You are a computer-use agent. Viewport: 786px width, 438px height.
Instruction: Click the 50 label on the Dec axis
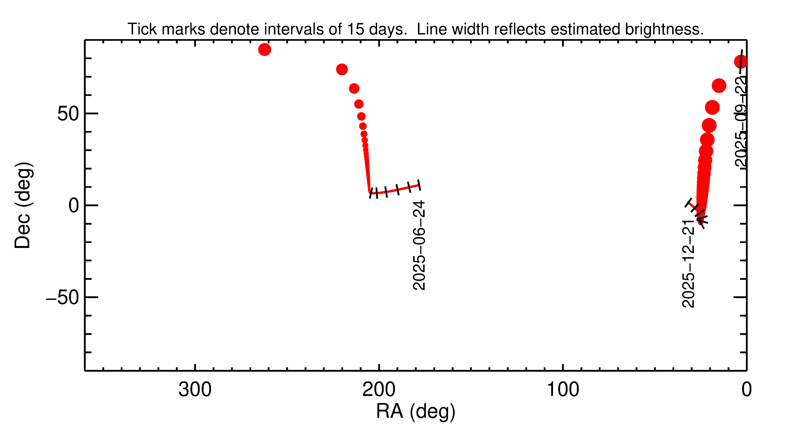pos(68,114)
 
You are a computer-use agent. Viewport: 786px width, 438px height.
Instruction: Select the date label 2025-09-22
pos(741,122)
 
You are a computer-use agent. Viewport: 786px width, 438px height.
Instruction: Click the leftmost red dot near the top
pos(265,49)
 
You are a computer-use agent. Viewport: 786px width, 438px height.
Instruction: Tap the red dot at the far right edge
pos(741,61)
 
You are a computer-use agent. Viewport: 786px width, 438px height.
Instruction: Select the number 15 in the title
pos(356,29)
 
